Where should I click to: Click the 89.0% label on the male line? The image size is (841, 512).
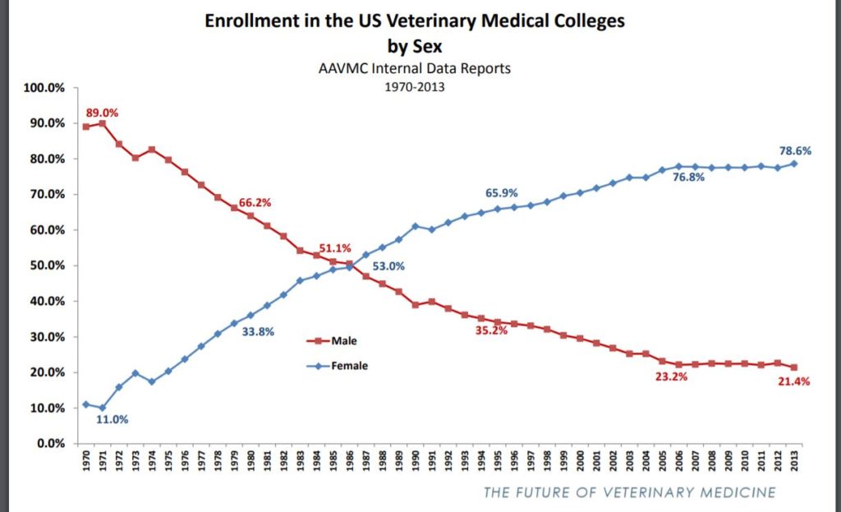pos(102,112)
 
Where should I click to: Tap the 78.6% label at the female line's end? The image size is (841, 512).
pos(795,150)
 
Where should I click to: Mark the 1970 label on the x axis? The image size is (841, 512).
pos(86,460)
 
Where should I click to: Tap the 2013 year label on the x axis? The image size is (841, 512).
pos(793,460)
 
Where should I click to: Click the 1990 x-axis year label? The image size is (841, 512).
pos(415,460)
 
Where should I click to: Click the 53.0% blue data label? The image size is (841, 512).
pos(388,266)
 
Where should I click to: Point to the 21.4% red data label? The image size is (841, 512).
pos(793,383)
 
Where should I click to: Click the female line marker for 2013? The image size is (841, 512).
pos(793,164)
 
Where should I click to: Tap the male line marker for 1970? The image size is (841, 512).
pos(86,127)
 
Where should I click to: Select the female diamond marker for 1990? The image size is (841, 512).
pos(415,226)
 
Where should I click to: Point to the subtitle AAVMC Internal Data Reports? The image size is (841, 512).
pos(414,68)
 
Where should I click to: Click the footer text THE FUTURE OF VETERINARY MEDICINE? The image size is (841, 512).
pos(629,492)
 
